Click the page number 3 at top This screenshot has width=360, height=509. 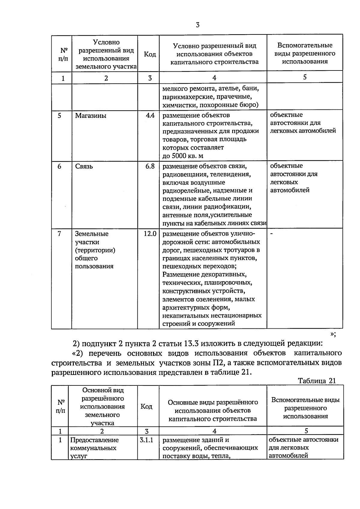pos(197,25)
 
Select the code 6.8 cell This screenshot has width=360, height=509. pos(150,166)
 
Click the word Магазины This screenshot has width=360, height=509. pos(91,116)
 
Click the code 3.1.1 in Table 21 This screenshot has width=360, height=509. pos(146,440)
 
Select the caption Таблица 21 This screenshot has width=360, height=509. pos(316,381)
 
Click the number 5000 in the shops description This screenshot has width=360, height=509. pos(179,156)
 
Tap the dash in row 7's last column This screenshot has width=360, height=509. pos(271,233)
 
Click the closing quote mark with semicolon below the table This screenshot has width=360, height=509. pos(333,334)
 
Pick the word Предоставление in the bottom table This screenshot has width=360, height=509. pos(94,440)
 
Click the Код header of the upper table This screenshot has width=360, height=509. pos(150,54)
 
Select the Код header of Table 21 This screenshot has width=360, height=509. pos(146,406)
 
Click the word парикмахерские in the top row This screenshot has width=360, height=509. pos(185,97)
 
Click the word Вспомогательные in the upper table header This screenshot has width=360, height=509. pos(305,46)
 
